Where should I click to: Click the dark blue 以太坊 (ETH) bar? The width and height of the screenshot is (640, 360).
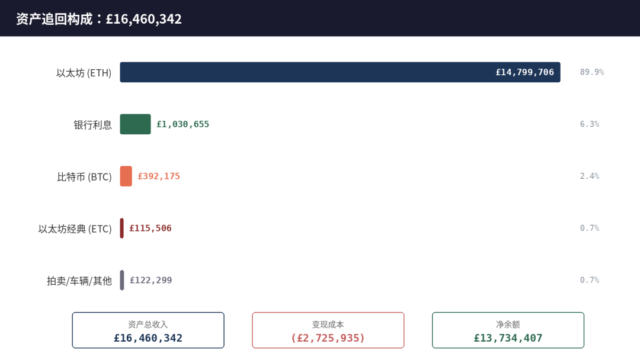[x=340, y=72]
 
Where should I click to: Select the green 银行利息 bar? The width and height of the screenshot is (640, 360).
[x=135, y=124]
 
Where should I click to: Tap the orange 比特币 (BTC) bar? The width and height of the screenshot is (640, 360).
[x=126, y=176]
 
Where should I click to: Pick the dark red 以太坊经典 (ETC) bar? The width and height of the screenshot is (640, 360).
[x=121, y=229]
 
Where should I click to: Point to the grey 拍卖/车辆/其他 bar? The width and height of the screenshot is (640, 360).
[x=122, y=280]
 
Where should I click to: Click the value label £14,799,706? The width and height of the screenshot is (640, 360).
[x=525, y=72]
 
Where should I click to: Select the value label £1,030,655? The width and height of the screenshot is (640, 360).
[x=183, y=124]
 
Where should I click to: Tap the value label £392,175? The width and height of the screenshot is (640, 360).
[x=159, y=176]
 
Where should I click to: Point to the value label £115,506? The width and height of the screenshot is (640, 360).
[x=151, y=229]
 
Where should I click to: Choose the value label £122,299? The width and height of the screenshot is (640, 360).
[x=151, y=280]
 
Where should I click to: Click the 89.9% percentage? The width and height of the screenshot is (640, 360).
[x=592, y=72]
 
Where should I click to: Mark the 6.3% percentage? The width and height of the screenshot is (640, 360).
[x=590, y=124]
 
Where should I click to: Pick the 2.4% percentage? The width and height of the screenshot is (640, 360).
[x=590, y=176]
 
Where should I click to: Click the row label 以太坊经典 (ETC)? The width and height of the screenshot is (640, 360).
[x=75, y=229]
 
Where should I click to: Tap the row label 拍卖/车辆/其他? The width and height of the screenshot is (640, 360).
[x=79, y=281]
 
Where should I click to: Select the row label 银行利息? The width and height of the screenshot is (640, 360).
[x=92, y=125]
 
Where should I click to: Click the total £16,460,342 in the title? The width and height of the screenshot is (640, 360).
[x=143, y=19]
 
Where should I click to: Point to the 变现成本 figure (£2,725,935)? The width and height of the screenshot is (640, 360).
[x=328, y=338]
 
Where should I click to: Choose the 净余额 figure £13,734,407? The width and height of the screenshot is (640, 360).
[x=508, y=338]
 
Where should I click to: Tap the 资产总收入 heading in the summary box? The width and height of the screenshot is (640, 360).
[x=148, y=324]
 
